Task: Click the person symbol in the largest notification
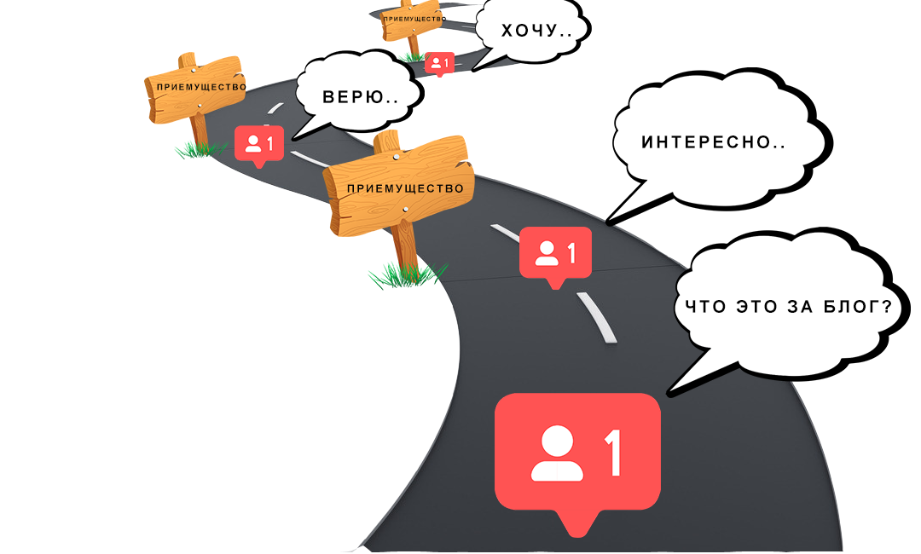click(557, 455)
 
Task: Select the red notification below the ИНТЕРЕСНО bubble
click(555, 254)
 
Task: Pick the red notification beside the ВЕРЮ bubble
click(258, 143)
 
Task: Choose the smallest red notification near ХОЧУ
click(439, 63)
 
